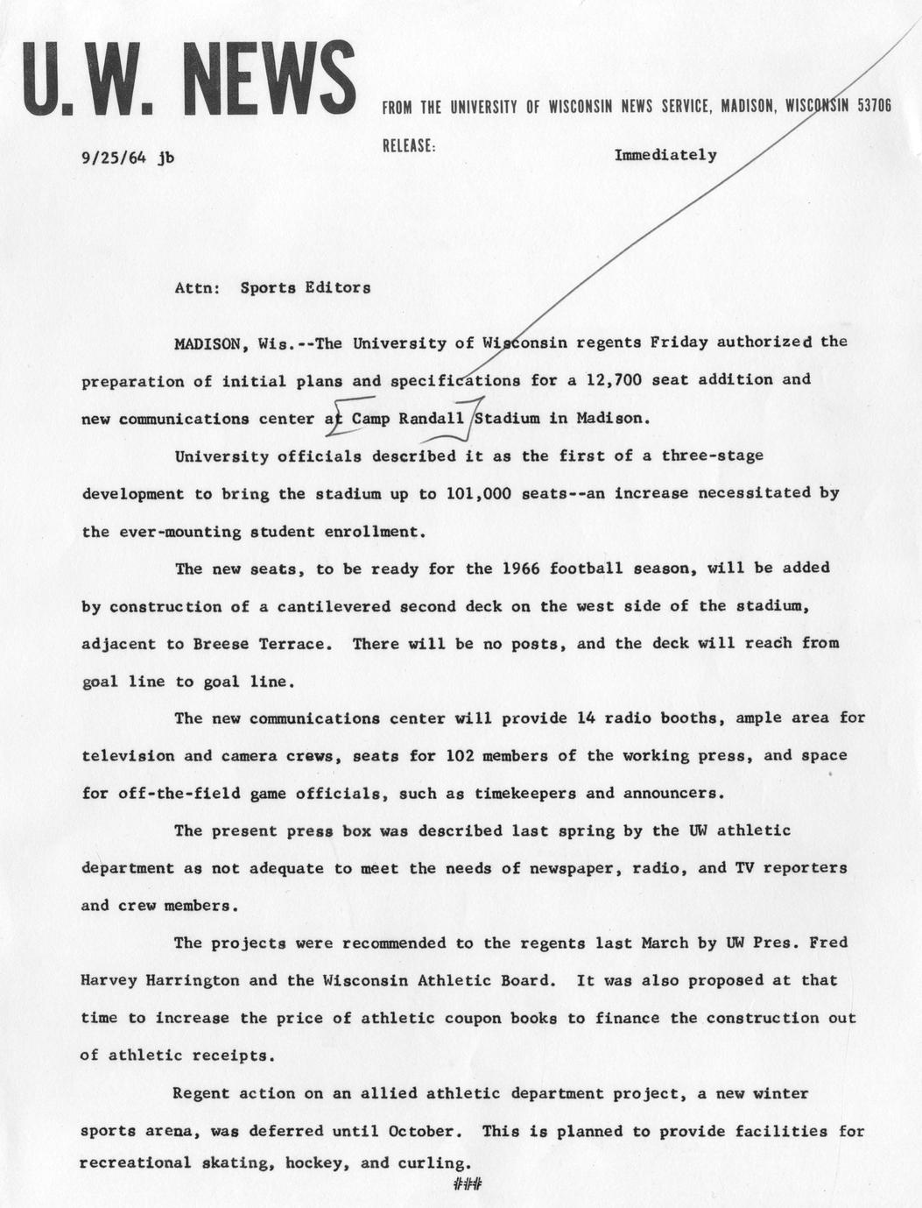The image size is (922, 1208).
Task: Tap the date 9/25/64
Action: pyautogui.click(x=113, y=159)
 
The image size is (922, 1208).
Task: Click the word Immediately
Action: pyautogui.click(x=665, y=155)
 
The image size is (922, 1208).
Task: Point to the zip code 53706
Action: pyautogui.click(x=874, y=106)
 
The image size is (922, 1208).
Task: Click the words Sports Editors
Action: pyautogui.click(x=305, y=287)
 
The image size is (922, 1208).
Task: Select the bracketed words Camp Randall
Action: pyautogui.click(x=407, y=418)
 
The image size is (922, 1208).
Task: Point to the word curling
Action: pyautogui.click(x=434, y=1164)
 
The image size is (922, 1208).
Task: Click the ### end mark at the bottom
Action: pyautogui.click(x=468, y=1186)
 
